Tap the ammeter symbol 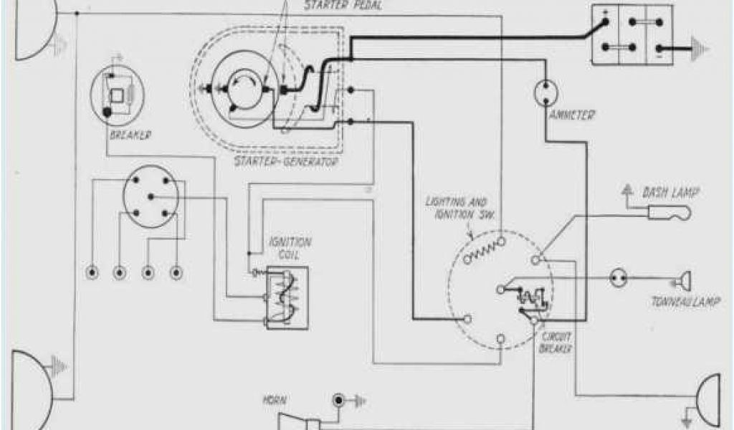coord(547,92)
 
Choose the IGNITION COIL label coord(285,248)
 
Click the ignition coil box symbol coord(287,297)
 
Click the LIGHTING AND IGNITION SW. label coord(457,209)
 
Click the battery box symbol coord(631,34)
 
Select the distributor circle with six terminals coord(149,195)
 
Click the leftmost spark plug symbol coord(92,273)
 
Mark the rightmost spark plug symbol coord(176,273)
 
